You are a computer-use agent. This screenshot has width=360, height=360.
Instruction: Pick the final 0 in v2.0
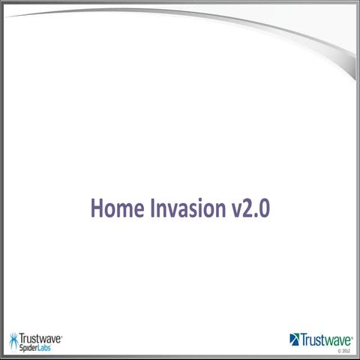[264, 208]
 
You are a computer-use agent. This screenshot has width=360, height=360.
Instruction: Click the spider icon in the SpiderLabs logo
[14, 342]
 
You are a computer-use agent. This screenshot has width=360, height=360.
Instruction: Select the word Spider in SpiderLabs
[32, 349]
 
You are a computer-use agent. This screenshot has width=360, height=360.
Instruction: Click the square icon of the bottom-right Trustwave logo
[294, 339]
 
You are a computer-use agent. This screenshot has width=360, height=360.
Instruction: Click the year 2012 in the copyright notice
[346, 350]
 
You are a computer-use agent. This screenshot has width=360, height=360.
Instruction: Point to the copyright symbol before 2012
[339, 350]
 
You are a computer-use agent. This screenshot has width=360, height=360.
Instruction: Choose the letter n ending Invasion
[220, 209]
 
